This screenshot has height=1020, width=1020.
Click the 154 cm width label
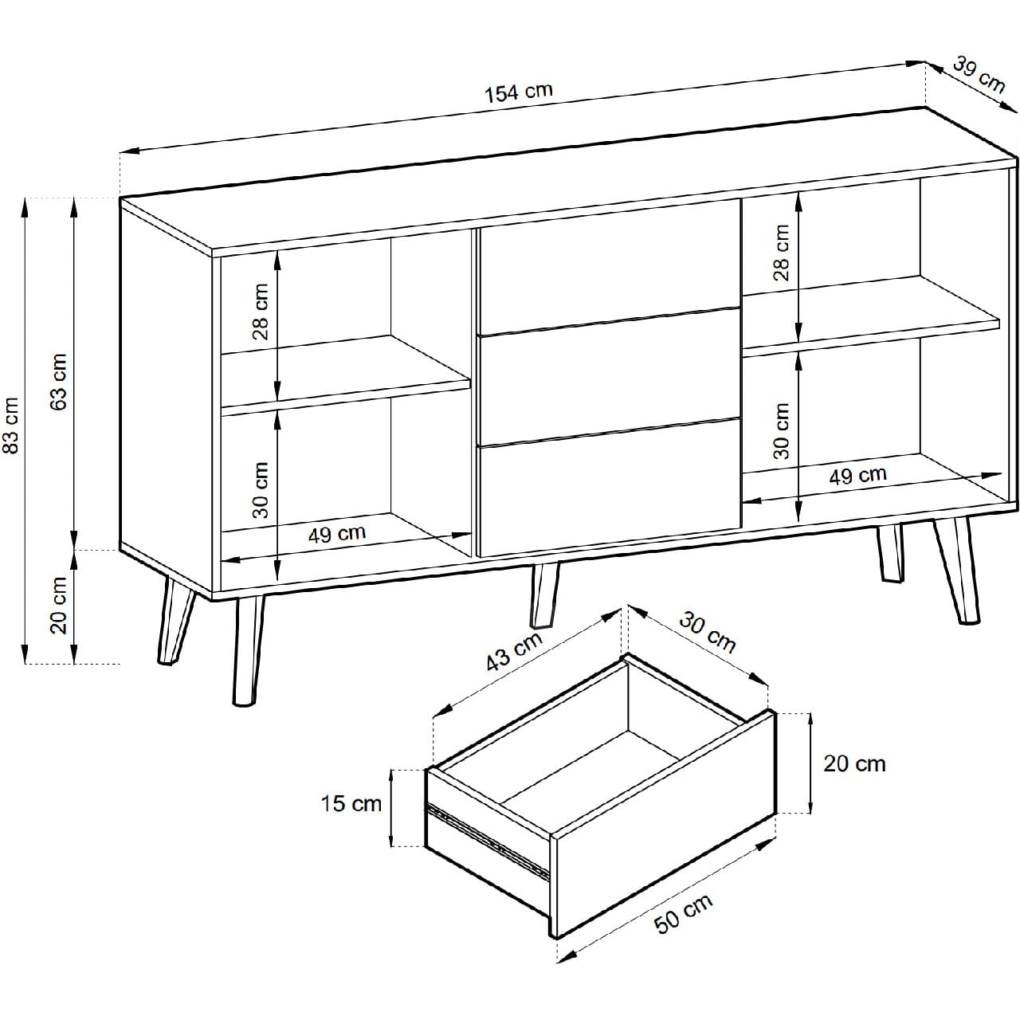519,92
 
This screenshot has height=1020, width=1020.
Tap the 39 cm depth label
979,75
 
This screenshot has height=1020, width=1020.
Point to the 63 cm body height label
58,381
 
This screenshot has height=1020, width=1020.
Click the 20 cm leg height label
58,605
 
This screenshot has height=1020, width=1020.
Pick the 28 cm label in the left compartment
261,312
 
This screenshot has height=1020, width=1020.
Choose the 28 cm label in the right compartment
781,253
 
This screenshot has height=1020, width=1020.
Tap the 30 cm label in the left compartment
261,490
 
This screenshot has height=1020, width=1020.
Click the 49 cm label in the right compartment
857,475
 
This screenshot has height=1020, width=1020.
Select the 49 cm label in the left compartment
336,534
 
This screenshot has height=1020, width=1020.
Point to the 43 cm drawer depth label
514,650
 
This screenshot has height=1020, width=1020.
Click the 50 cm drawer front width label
683,913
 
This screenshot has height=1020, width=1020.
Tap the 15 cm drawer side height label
351,803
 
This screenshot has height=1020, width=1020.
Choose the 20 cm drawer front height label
854,764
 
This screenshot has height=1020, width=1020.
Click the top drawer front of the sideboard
609,267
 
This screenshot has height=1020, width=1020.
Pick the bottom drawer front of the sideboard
609,487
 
